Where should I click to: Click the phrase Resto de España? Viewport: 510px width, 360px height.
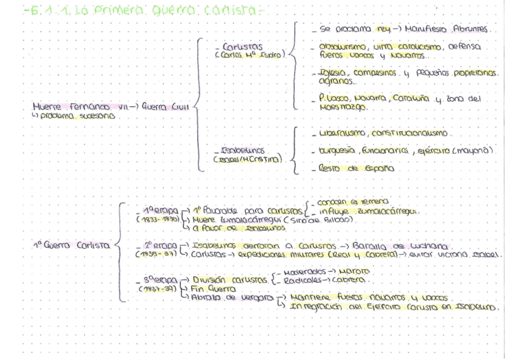coord(356,169)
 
